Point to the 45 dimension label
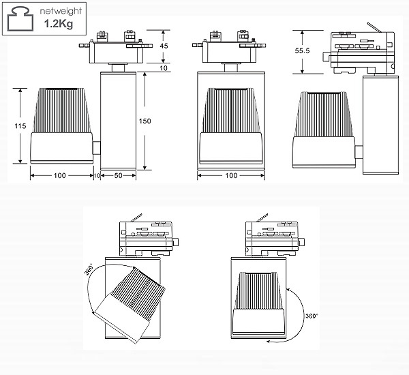[x=164, y=46]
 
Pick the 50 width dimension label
[x=118, y=176]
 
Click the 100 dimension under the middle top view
[x=231, y=176]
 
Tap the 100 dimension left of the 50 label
[x=61, y=176]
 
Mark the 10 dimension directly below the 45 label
[x=164, y=68]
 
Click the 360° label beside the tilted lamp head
[x=90, y=269]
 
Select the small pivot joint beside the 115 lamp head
[x=97, y=148]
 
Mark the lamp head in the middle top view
[x=230, y=125]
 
